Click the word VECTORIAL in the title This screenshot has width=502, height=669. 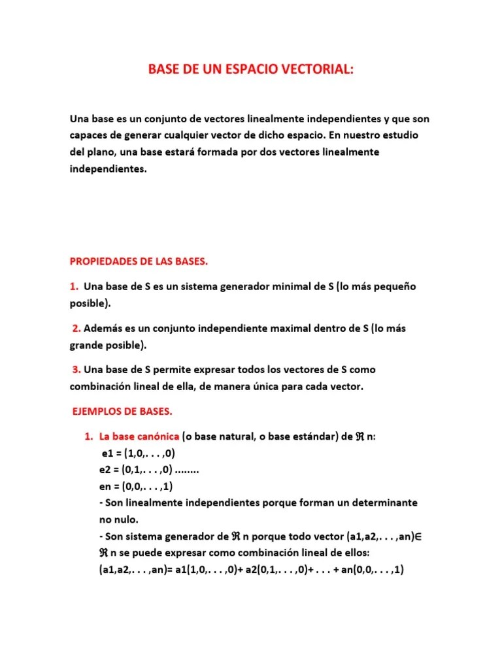tap(318, 71)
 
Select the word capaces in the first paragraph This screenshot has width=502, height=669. tap(89, 135)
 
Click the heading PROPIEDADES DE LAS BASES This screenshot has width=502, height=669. tap(139, 261)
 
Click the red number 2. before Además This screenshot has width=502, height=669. tap(76, 328)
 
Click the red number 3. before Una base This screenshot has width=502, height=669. tap(76, 369)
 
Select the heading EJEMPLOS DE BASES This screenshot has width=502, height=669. tap(121, 412)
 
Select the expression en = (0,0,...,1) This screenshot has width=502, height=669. tap(136, 487)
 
